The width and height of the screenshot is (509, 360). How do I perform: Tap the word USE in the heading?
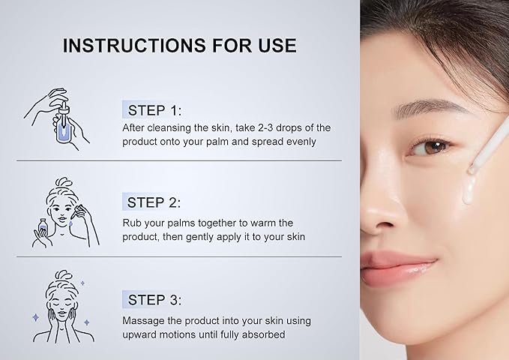click(x=277, y=45)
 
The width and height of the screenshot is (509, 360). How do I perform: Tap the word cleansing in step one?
click(x=169, y=128)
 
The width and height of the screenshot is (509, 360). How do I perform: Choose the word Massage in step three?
click(x=143, y=321)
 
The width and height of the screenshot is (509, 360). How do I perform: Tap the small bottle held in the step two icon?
click(x=42, y=226)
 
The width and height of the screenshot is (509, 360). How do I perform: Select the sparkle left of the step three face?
click(x=36, y=317)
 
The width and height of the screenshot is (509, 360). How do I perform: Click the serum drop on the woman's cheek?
click(x=469, y=190)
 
